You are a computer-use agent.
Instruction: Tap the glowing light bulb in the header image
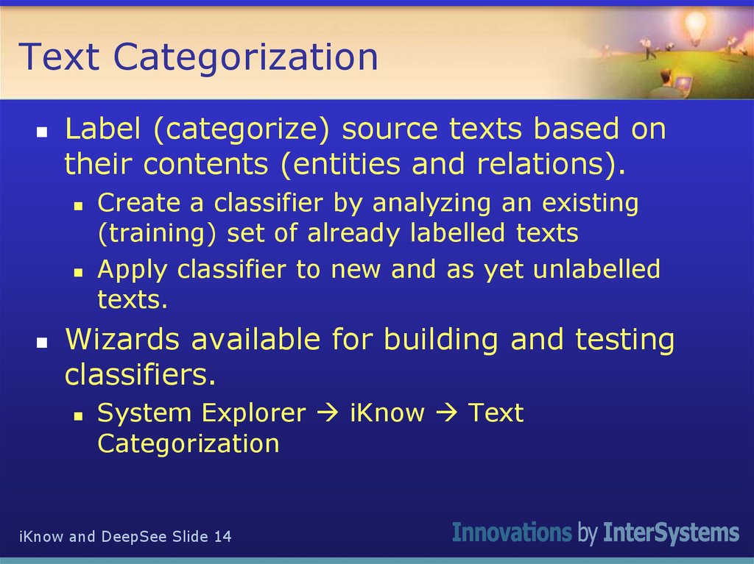tap(695, 28)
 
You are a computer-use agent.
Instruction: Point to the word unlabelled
tap(596, 269)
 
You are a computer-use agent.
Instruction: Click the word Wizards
tap(121, 340)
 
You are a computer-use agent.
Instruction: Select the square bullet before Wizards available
tap(42, 343)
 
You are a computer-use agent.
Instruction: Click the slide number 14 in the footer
tap(222, 537)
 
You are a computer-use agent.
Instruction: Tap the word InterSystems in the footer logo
tap(671, 532)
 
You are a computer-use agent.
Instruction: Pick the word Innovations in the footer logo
tap(511, 532)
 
